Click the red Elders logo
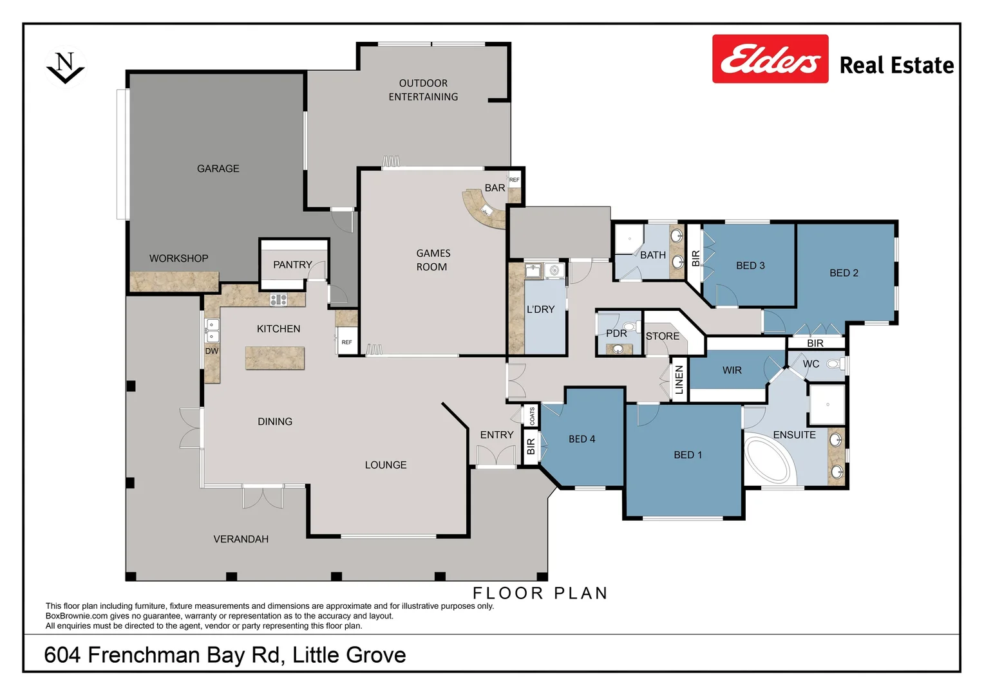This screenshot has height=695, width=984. coord(770,59)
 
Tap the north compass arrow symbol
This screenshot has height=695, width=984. coord(65,68)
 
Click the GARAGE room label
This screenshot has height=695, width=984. coord(218,169)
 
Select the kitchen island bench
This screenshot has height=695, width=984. coord(275,358)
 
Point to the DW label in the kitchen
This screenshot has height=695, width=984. coord(212,351)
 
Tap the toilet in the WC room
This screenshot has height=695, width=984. coord(833,364)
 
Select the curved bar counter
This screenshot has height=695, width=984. coord(484,209)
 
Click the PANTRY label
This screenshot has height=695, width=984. coord(292,264)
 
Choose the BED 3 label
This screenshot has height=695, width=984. coord(750,266)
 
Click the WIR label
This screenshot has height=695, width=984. coord(732,371)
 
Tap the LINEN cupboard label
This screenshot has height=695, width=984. coord(679,380)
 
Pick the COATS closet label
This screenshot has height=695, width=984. coord(532,416)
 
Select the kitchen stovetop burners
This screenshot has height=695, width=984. coord(278,299)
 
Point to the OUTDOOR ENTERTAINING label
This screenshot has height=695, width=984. coord(423,90)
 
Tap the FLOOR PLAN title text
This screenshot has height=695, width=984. coord(540,593)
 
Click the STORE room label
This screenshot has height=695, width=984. coord(662,337)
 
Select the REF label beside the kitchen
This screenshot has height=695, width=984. coord(346,342)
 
